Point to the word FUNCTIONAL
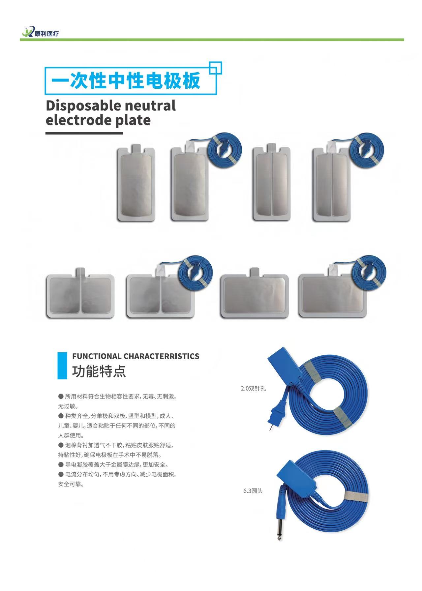(97, 356)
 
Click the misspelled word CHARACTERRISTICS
(162, 356)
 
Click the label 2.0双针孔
(253, 388)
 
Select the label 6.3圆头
(253, 491)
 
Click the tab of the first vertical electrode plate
(136, 149)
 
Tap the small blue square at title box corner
(216, 68)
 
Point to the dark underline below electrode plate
(84, 133)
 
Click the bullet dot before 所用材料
(61, 396)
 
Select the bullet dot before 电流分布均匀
(61, 474)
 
